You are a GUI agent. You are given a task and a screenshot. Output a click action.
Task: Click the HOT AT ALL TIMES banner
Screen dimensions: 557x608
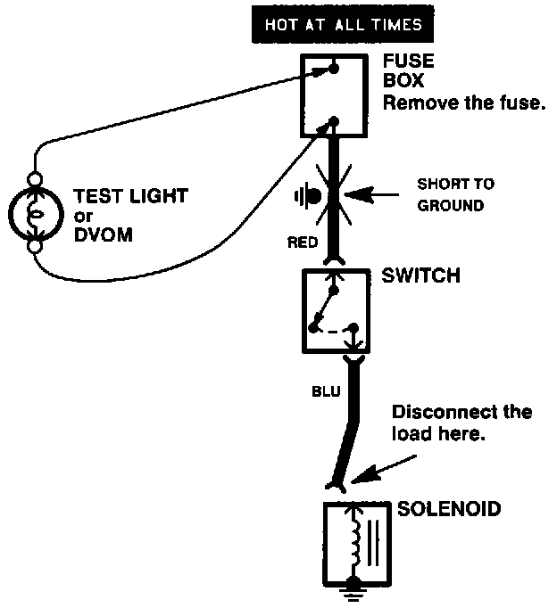pyautogui.click(x=343, y=24)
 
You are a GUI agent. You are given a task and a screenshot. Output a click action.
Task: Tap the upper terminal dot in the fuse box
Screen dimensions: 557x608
pyautogui.click(x=334, y=69)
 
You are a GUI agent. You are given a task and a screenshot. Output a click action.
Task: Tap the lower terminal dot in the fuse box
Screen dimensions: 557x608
pyautogui.click(x=334, y=122)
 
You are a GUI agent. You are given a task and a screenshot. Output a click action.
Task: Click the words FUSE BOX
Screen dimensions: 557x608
pyautogui.click(x=408, y=71)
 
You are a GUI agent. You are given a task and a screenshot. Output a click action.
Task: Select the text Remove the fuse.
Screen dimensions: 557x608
pyautogui.click(x=464, y=103)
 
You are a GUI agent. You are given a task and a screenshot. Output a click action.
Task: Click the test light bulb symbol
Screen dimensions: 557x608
pyautogui.click(x=36, y=214)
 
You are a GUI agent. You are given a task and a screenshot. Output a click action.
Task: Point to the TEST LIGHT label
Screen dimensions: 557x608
pyautogui.click(x=131, y=196)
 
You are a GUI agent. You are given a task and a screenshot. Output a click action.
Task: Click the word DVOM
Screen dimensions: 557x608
pyautogui.click(x=104, y=235)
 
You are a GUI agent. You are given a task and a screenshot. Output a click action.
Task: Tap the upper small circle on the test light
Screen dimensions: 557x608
pyautogui.click(x=35, y=180)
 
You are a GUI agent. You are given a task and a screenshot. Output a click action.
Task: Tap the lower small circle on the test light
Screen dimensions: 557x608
pyautogui.click(x=35, y=247)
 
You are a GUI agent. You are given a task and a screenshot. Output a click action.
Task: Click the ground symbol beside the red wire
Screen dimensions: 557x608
pyautogui.click(x=307, y=197)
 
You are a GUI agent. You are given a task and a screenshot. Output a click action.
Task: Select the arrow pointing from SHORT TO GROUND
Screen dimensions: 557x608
pyautogui.click(x=371, y=194)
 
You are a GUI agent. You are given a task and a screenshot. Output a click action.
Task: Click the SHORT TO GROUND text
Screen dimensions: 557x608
pyautogui.click(x=456, y=194)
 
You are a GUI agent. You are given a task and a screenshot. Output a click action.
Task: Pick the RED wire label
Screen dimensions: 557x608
pyautogui.click(x=303, y=242)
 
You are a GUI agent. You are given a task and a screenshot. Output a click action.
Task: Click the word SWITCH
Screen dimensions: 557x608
pyautogui.click(x=420, y=275)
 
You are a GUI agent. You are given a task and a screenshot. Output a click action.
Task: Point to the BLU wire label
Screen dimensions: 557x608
pyautogui.click(x=326, y=391)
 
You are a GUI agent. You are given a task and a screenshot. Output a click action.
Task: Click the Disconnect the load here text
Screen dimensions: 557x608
pyautogui.click(x=461, y=423)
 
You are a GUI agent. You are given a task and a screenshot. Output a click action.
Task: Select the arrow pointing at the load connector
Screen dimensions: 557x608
pyautogui.click(x=384, y=470)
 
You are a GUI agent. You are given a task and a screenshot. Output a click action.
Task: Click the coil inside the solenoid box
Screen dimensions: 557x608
pyautogui.click(x=355, y=543)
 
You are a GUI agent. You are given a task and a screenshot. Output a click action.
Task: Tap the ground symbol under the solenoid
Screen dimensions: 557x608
pyautogui.click(x=353, y=591)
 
